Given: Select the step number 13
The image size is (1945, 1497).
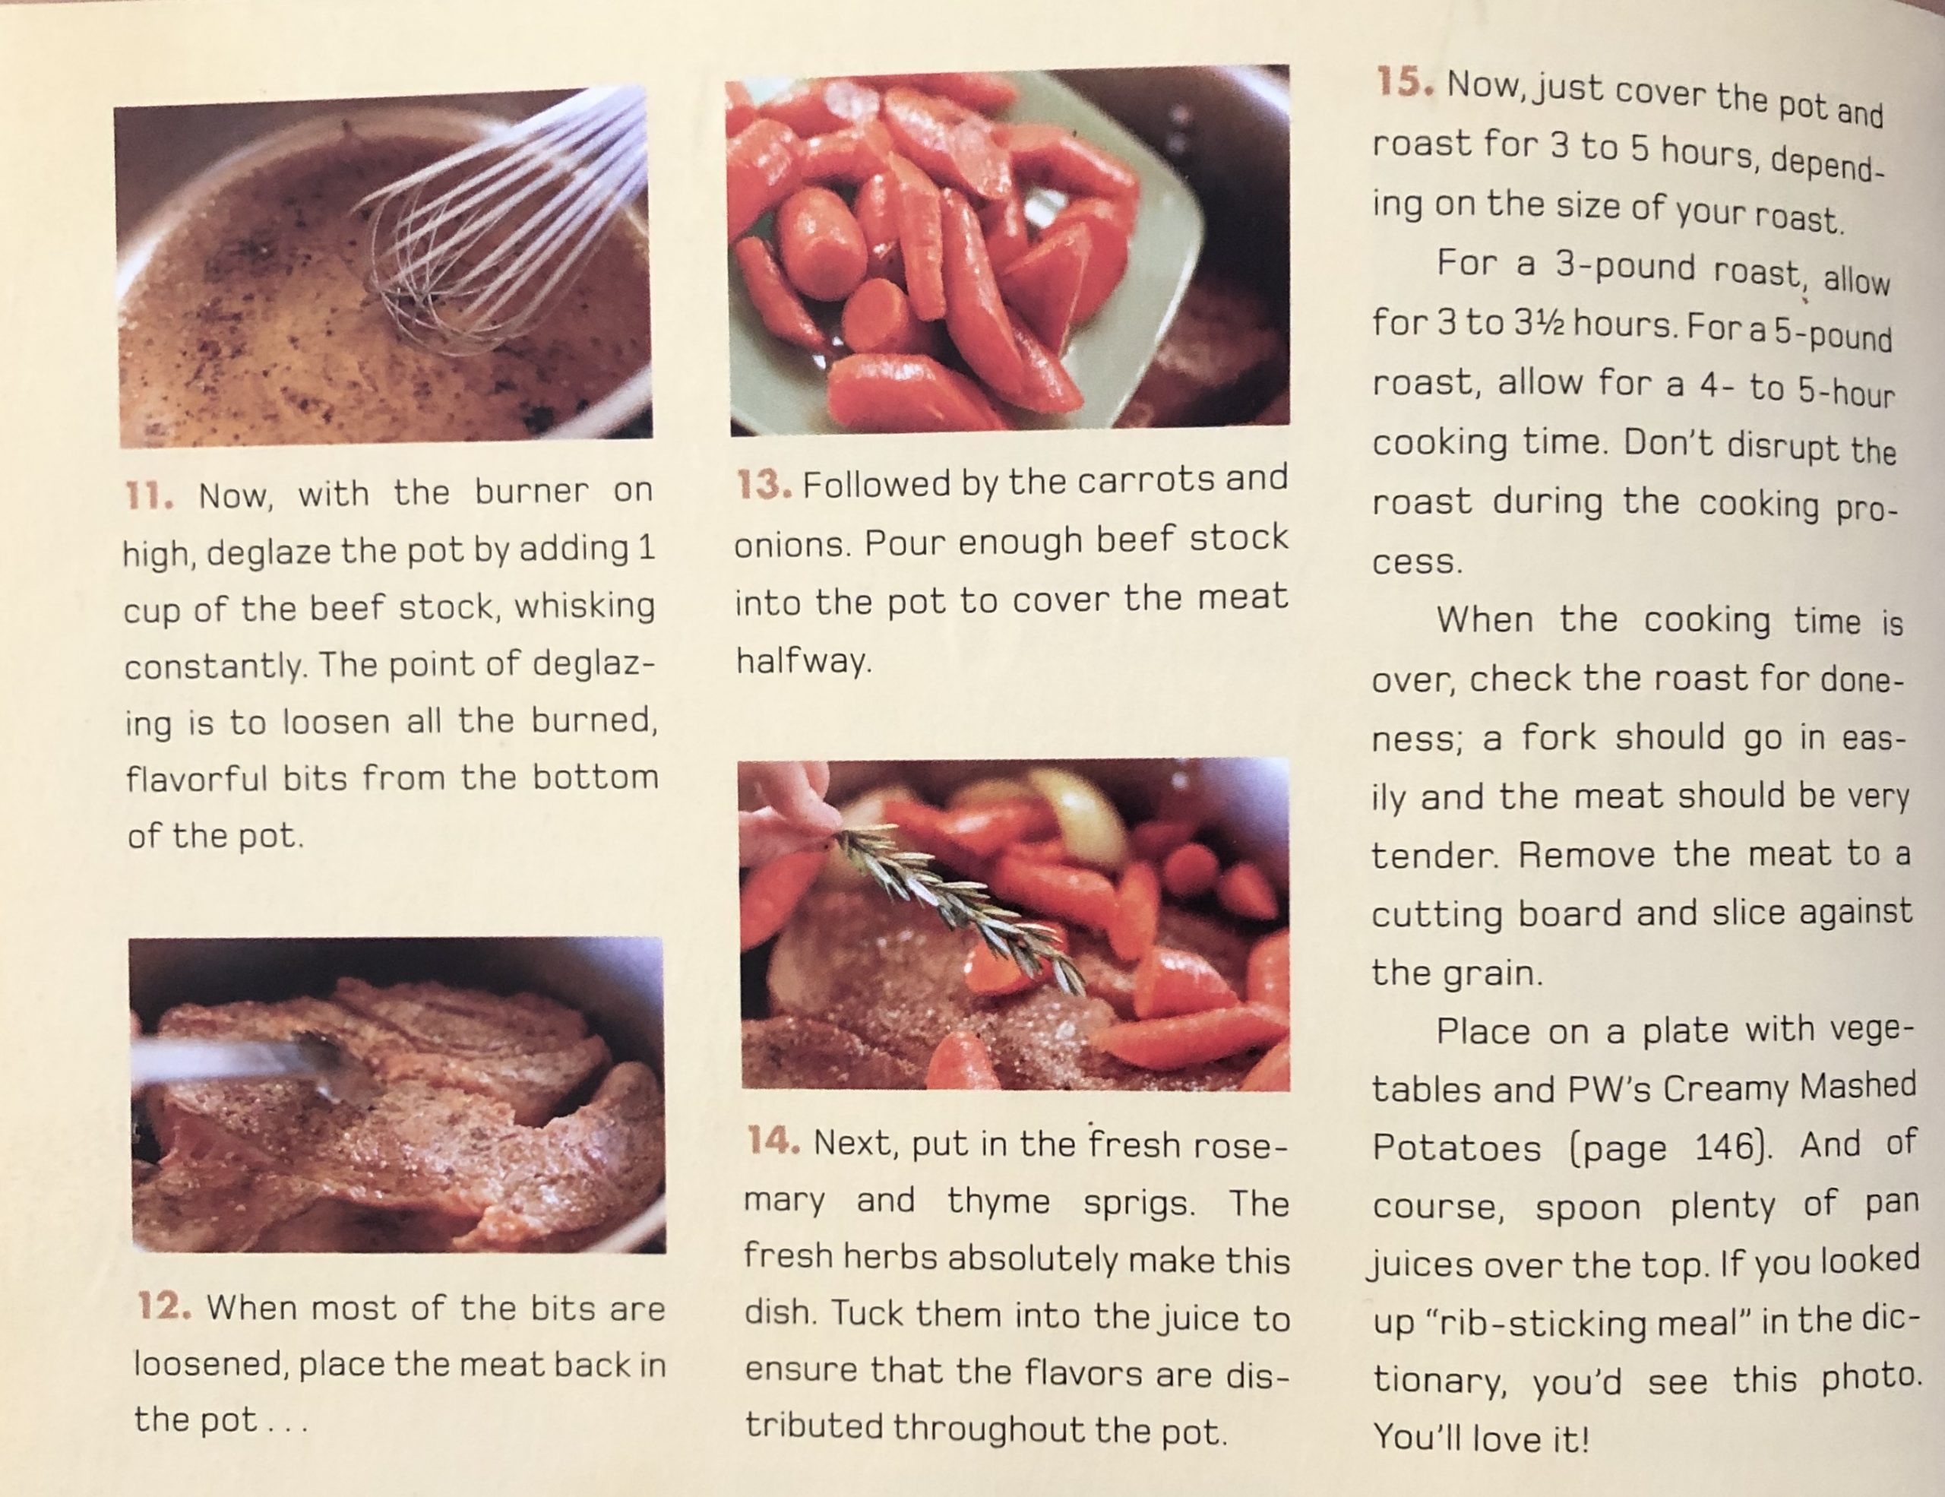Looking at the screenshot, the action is coord(764,486).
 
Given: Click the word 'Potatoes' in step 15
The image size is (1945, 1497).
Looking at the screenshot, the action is coord(1456,1148).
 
